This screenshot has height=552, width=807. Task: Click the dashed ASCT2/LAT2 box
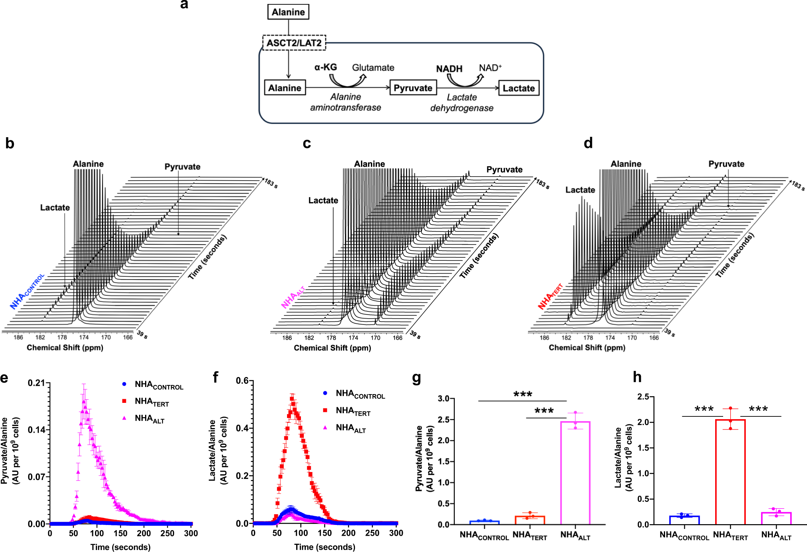pyautogui.click(x=294, y=43)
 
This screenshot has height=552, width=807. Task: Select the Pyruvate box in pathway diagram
pyautogui.click(x=413, y=88)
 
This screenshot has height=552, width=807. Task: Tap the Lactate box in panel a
pyautogui.click(x=518, y=88)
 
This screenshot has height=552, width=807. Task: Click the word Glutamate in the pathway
pyautogui.click(x=373, y=68)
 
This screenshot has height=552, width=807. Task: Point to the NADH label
pyautogui.click(x=449, y=69)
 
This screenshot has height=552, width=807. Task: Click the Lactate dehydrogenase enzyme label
pyautogui.click(x=462, y=103)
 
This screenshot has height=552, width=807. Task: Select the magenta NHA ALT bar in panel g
pyautogui.click(x=575, y=473)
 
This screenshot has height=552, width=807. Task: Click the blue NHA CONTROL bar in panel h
pyautogui.click(x=684, y=520)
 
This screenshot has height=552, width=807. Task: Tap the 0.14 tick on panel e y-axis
pyautogui.click(x=37, y=430)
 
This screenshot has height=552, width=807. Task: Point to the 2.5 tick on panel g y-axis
pyautogui.click(x=444, y=420)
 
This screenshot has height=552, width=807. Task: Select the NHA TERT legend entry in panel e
pyautogui.click(x=151, y=402)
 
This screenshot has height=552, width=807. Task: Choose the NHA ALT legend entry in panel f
pyautogui.click(x=350, y=428)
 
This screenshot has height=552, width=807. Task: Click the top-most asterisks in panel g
pyautogui.click(x=522, y=395)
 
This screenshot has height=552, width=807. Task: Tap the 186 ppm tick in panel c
pyautogui.click(x=287, y=338)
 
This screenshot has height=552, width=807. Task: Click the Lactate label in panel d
pyautogui.click(x=580, y=190)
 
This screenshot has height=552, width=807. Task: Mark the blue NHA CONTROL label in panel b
pyautogui.click(x=27, y=292)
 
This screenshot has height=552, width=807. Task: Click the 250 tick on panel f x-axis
pyautogui.click(x=372, y=533)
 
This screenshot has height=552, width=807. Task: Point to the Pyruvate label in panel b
pyautogui.click(x=182, y=167)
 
